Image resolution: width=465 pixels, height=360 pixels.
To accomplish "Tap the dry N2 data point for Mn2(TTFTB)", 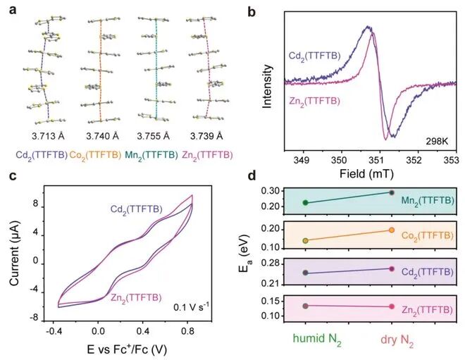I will pyautogui.click(x=392, y=192).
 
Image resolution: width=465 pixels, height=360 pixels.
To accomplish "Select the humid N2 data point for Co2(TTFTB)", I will pyautogui.click(x=305, y=240).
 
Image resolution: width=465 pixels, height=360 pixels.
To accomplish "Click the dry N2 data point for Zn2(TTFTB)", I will pyautogui.click(x=392, y=306).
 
